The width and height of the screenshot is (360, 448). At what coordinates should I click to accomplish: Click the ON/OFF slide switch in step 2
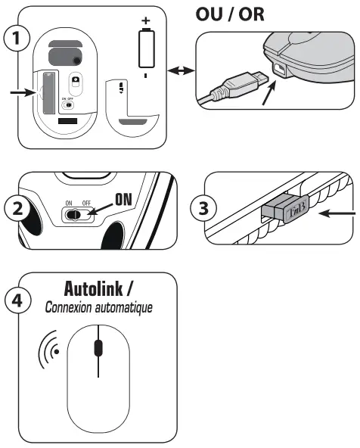78,214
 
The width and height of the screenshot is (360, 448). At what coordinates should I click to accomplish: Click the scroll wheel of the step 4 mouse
98,348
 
